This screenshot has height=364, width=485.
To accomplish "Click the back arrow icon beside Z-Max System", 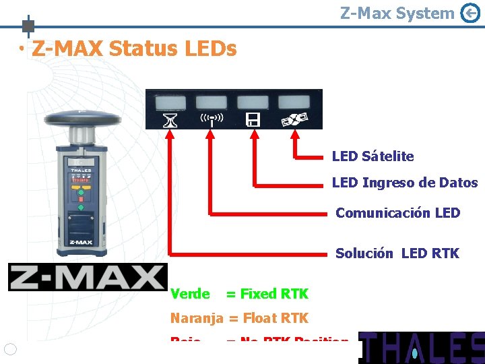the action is [470, 13].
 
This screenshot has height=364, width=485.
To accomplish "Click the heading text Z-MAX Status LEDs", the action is [134, 49].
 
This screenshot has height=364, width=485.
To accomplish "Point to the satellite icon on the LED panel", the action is [294, 120].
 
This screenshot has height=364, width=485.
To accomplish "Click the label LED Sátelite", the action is [373, 156].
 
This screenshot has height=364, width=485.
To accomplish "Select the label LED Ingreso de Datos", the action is [404, 183].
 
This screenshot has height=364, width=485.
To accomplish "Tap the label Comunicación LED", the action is [397, 213].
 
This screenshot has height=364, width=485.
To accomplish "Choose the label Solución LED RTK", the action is [397, 253].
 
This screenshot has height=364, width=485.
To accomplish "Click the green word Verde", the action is [190, 294].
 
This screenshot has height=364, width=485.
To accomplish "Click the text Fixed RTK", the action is [275, 294].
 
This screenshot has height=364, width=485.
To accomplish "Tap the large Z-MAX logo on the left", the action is [88, 277].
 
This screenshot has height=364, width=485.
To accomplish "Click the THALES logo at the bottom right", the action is [421, 347].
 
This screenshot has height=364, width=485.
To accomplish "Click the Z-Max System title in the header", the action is [397, 13].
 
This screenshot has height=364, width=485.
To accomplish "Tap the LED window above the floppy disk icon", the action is [253, 102].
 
